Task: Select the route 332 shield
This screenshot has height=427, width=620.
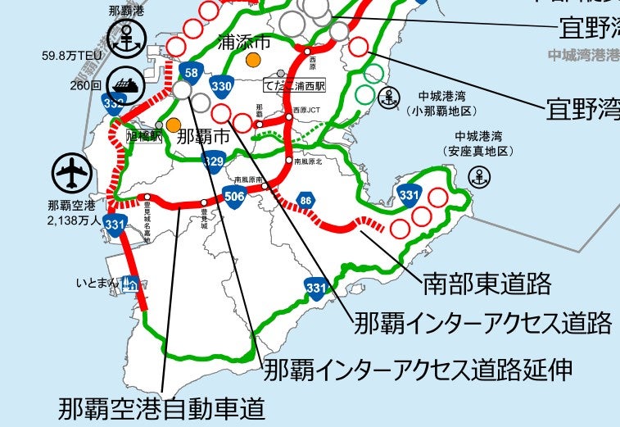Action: point(113,103)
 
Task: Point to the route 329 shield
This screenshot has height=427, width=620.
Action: point(213,160)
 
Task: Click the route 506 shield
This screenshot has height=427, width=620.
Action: point(234,197)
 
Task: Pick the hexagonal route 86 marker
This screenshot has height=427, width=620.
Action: point(305,199)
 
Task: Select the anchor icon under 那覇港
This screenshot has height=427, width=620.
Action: point(126,35)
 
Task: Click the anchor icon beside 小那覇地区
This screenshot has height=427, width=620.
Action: point(391,96)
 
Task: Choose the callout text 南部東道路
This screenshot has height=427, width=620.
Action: point(486,284)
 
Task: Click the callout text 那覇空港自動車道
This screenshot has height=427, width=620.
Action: point(162,407)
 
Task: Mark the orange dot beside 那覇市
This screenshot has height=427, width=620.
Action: point(173,125)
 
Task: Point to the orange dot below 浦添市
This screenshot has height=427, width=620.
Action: point(254,59)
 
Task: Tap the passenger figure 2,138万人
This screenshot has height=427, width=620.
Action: point(74,221)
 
